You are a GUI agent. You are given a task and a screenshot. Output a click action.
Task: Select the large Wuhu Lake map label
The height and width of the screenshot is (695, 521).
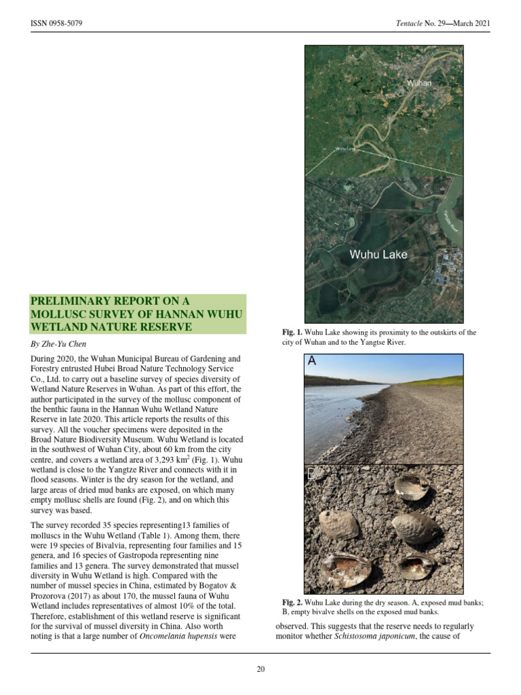[379, 255]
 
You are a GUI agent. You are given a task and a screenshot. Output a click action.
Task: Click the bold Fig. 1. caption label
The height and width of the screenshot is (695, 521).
[292, 333]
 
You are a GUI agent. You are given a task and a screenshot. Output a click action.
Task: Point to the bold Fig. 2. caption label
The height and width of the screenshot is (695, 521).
[292, 603]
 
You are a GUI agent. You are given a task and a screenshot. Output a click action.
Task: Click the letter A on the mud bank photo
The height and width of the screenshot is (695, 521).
[312, 362]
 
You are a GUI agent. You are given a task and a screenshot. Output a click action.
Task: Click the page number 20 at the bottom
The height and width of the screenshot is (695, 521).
[260, 669]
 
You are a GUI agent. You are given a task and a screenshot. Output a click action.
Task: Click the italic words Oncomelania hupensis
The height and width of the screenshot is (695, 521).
[180, 636]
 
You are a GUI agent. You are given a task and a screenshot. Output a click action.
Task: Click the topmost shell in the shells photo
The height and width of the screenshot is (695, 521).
[412, 485]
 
